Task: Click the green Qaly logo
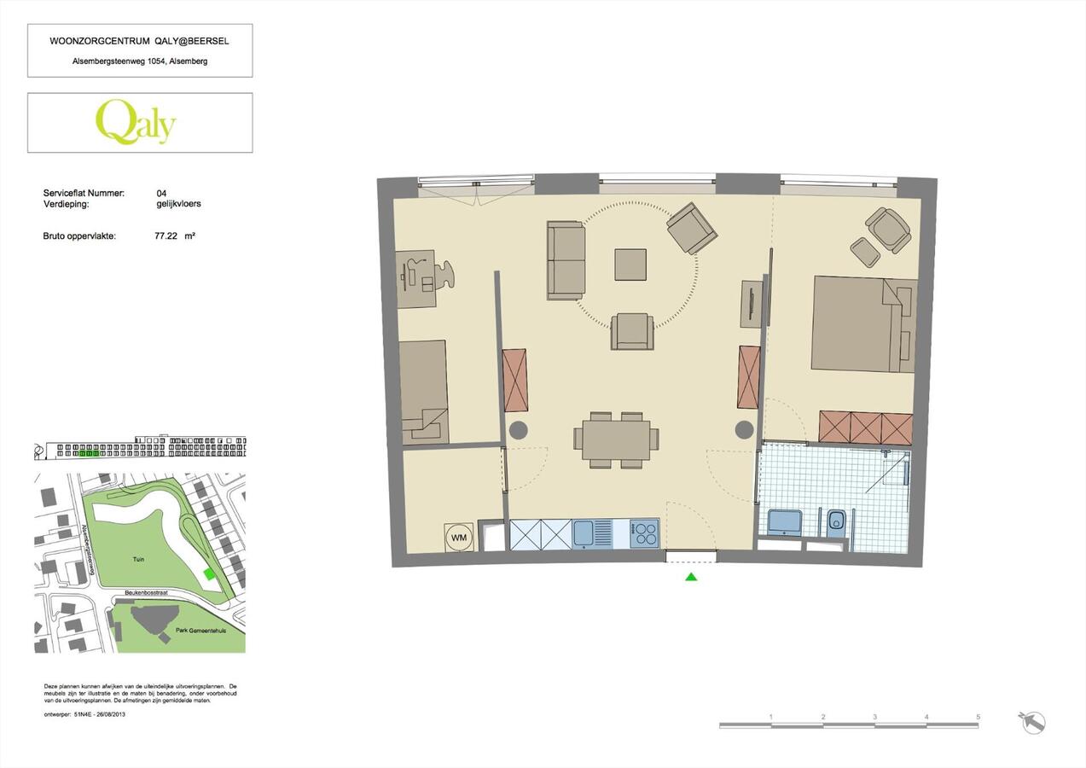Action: [136, 122]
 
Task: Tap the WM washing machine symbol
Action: [458, 537]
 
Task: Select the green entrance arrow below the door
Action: [691, 578]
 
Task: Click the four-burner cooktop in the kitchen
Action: [644, 534]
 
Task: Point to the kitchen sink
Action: [584, 534]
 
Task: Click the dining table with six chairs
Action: [616, 439]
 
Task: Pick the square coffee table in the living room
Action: [630, 265]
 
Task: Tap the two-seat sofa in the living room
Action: [566, 259]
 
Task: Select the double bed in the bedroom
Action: [862, 323]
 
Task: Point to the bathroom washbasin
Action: [785, 521]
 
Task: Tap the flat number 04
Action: [162, 194]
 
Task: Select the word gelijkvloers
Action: [179, 204]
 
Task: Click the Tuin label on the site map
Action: [137, 559]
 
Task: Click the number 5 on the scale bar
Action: [978, 717]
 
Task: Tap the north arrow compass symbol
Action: [1032, 722]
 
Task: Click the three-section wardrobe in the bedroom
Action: [865, 428]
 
